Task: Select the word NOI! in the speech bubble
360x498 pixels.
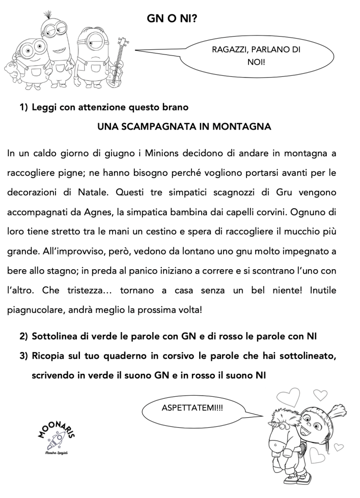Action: click(256, 62)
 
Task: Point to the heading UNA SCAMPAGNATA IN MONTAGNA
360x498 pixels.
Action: click(184, 127)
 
